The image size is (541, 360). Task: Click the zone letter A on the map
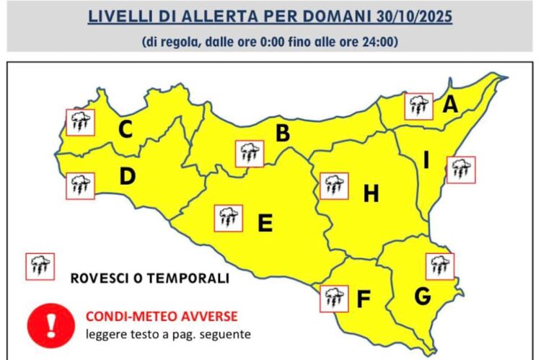click(x=450, y=105)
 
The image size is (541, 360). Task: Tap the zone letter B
click(x=283, y=133)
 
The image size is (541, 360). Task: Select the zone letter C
click(x=126, y=131)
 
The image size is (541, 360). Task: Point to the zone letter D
click(x=128, y=176)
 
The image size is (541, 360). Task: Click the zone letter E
click(x=265, y=224)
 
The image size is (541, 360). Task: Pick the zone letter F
click(x=364, y=298)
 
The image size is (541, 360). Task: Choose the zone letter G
click(x=423, y=296)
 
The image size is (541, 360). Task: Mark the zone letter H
click(x=371, y=193)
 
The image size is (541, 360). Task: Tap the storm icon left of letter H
click(x=333, y=185)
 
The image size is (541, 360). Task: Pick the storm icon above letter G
click(x=440, y=265)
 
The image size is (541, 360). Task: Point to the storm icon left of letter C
click(x=80, y=122)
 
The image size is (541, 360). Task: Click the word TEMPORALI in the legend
click(x=194, y=278)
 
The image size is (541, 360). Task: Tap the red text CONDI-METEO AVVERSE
click(x=161, y=316)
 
